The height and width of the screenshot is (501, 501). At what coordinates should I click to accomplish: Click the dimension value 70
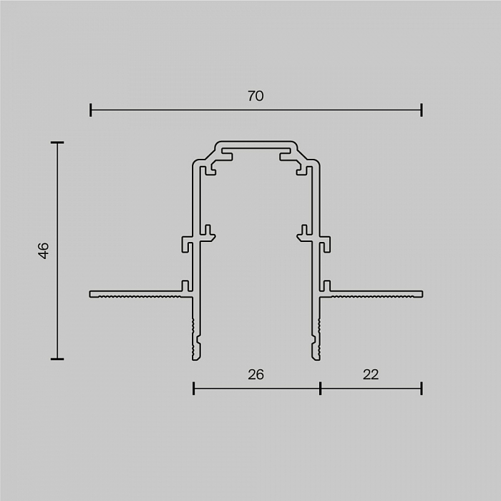click(x=256, y=96)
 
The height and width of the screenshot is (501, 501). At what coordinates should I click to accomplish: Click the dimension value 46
click(x=43, y=250)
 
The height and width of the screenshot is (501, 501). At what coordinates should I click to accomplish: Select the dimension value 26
click(x=256, y=374)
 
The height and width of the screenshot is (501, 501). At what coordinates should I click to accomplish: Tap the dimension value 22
click(x=371, y=374)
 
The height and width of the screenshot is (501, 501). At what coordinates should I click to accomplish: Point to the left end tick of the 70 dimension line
click(x=91, y=110)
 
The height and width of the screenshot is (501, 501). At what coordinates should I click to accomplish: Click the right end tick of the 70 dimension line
click(x=422, y=110)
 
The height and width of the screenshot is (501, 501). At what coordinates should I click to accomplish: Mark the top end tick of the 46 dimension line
click(x=57, y=143)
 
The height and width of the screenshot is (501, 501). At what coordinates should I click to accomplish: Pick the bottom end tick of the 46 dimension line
click(x=57, y=359)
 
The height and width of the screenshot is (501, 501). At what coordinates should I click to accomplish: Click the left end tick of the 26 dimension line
click(x=194, y=388)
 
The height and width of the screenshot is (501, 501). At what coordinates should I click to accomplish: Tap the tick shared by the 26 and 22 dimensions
click(x=320, y=388)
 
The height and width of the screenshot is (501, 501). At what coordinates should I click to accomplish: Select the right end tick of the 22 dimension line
click(x=422, y=388)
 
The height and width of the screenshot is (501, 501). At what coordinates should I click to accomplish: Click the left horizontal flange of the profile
click(x=136, y=293)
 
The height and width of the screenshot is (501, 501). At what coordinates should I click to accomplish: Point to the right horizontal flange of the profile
click(x=376, y=293)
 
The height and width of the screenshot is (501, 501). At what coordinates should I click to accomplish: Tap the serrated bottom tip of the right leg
click(x=316, y=344)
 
